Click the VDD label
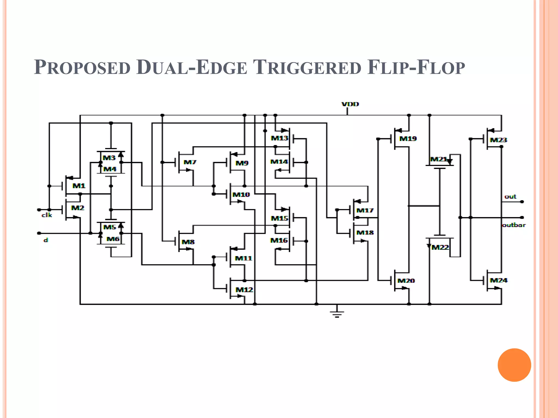[x=350, y=104]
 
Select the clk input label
[x=47, y=215]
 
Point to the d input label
[x=46, y=240]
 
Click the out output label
[x=510, y=196]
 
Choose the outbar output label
[x=514, y=225]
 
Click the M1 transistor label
[x=79, y=186]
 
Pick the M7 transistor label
[x=190, y=162]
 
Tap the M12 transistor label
[x=244, y=290]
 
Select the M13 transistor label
[x=280, y=138]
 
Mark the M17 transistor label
[x=365, y=210]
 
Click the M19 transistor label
[x=408, y=139]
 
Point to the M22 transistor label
[x=440, y=247]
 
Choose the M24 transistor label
[x=499, y=280]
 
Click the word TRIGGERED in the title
[x=307, y=67]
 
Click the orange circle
[x=514, y=365]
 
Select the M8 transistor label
[x=188, y=242]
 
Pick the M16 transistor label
[x=279, y=240]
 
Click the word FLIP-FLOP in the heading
[x=416, y=67]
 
